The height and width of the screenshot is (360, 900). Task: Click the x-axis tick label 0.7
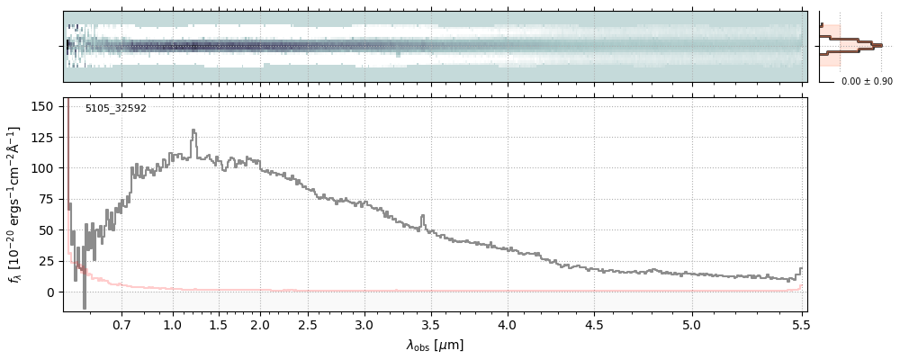point(122,324)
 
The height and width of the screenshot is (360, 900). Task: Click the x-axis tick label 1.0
point(174,324)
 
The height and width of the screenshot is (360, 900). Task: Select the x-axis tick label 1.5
point(218,324)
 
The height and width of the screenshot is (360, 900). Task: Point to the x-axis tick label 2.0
point(261,324)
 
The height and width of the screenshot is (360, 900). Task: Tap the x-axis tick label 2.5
point(308,324)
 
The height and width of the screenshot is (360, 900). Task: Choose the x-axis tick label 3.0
point(364,324)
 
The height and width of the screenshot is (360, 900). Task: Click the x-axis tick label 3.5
point(431,324)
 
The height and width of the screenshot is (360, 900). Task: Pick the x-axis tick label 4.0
point(507,324)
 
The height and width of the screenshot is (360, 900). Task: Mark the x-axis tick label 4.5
point(595,324)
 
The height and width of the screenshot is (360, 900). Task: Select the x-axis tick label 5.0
point(691,324)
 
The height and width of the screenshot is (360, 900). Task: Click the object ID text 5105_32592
point(115,109)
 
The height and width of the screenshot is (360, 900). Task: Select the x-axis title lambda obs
point(434,345)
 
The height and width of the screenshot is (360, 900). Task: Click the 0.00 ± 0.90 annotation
point(867,82)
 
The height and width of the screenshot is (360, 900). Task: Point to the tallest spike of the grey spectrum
point(193,130)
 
